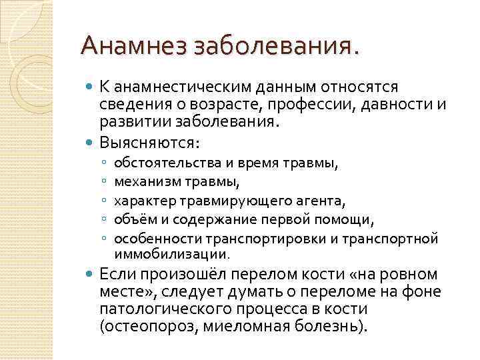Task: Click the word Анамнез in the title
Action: pyautogui.click(x=133, y=47)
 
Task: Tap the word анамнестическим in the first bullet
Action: pyautogui.click(x=177, y=87)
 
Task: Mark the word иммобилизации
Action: pyautogui.click(x=171, y=253)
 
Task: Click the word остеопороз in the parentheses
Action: pyautogui.click(x=140, y=327)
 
